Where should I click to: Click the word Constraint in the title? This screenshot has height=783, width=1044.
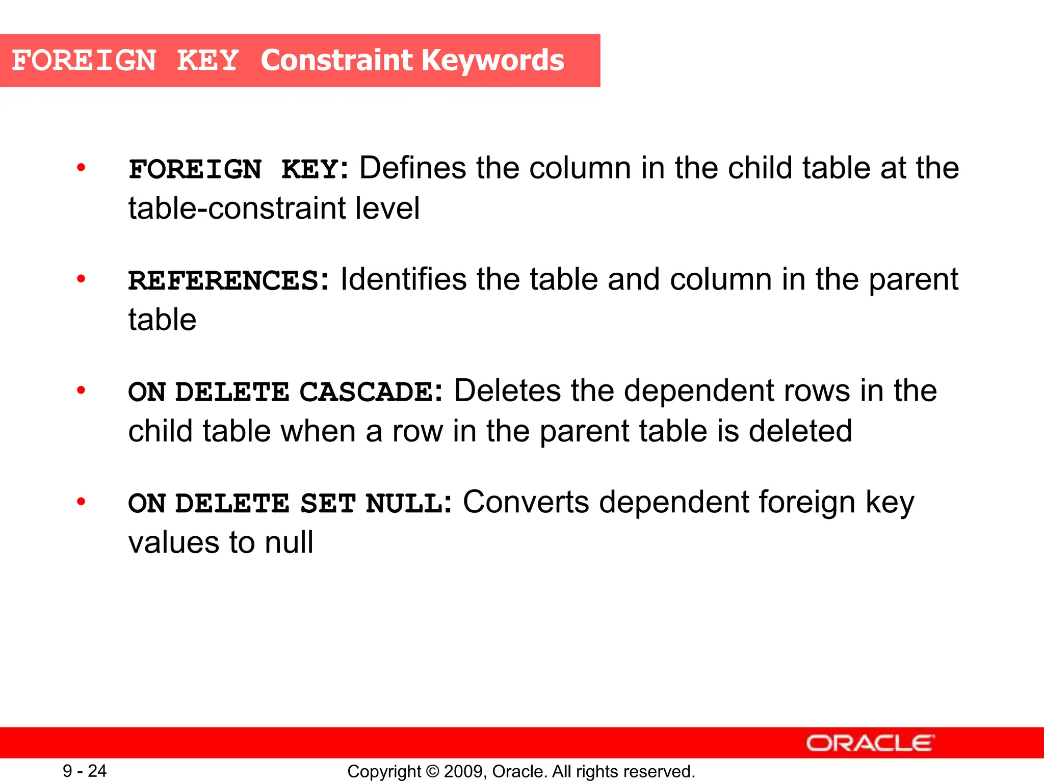pos(338,60)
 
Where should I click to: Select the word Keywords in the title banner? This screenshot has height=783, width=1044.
pos(493,60)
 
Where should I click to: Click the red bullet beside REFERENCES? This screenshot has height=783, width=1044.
pos(81,279)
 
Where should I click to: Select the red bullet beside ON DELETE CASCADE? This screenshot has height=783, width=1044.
pos(81,390)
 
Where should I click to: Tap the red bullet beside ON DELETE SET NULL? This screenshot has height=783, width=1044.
pos(81,502)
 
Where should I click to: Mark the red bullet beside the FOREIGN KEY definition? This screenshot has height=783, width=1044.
pos(81,167)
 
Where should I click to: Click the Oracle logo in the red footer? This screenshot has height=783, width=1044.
pos(870,743)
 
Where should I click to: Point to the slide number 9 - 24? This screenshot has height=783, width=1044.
pos(85,771)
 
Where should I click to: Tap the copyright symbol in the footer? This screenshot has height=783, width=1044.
pos(432,771)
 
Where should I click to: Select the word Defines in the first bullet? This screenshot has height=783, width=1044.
pos(412,168)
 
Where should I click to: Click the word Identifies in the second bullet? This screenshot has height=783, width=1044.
pos(403,280)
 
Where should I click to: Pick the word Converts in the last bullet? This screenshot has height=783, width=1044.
pos(526,503)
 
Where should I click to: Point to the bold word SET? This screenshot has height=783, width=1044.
pos(328,504)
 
